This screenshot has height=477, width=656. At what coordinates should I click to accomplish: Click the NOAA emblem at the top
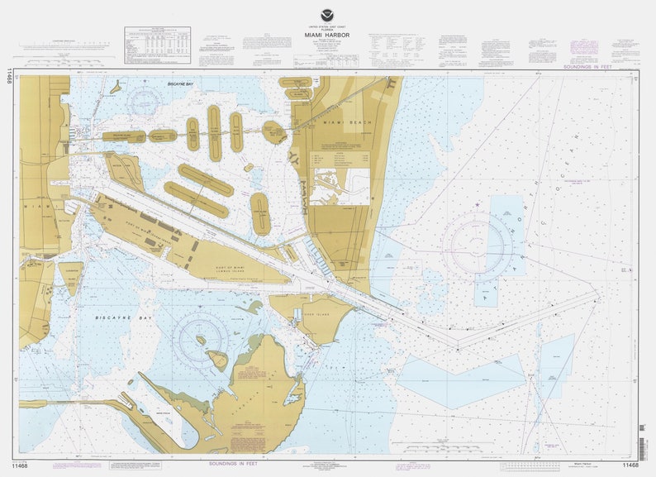(329, 14)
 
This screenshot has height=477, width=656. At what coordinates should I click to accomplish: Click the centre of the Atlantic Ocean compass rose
(477, 246)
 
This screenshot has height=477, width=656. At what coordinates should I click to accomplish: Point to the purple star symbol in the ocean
(477, 202)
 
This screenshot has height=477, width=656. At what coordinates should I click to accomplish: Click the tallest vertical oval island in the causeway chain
(214, 132)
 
